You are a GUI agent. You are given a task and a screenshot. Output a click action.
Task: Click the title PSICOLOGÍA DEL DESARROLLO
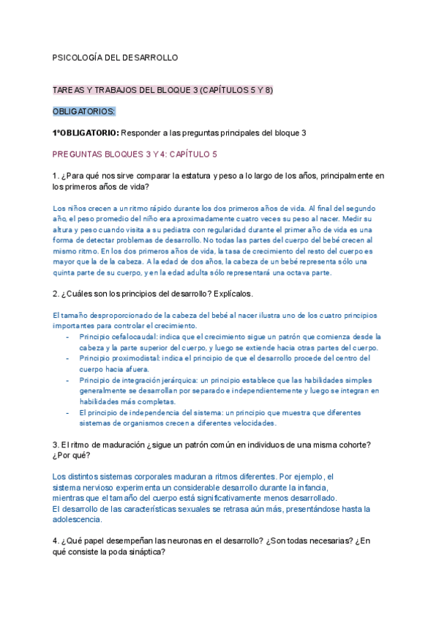tap(115, 57)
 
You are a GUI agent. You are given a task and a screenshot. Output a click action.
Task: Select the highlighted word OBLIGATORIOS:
tap(83, 111)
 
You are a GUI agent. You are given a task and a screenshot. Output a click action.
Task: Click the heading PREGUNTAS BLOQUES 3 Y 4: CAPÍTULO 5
tap(135, 155)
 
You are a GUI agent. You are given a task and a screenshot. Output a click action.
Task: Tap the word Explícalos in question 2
tap(230, 294)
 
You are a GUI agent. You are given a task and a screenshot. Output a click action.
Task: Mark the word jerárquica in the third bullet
tap(203, 380)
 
